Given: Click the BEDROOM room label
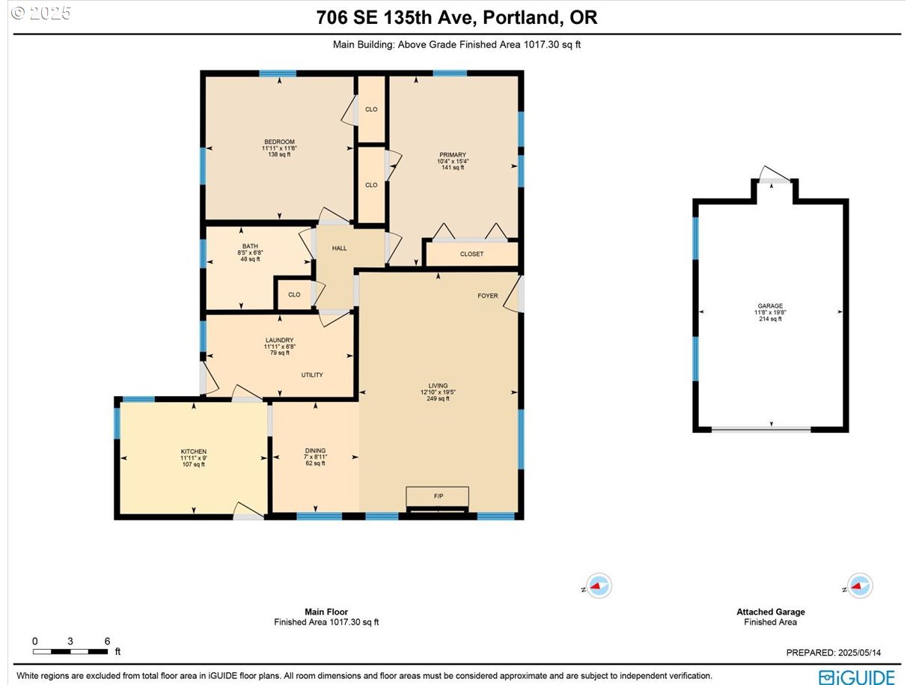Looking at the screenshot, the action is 279,141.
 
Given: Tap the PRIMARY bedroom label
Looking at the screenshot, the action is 453,155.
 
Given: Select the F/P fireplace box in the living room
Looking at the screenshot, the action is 438,496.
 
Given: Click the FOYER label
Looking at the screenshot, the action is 487,296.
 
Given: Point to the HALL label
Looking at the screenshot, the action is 339,249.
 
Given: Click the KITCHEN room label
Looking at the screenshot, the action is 193,451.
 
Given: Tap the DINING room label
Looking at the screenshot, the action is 315,451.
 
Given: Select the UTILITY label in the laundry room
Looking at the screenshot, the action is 312,375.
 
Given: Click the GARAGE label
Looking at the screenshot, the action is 770,305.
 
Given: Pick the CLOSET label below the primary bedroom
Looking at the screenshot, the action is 471,254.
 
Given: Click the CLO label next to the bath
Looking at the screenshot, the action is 294,294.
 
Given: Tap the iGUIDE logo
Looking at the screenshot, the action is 856,677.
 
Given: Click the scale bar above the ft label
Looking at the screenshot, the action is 70,651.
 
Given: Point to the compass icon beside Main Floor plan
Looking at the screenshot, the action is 599,585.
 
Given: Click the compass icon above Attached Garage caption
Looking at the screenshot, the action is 859,585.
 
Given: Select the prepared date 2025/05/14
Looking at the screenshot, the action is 859,653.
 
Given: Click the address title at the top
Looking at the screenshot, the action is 456,17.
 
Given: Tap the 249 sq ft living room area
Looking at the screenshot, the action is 438,398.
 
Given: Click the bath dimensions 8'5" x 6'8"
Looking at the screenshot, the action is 250,252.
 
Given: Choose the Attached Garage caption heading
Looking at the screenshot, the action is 770,612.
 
